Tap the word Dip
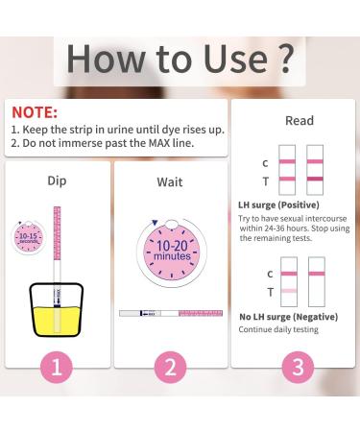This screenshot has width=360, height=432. [x=57, y=179]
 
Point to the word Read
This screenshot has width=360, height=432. [x=299, y=122]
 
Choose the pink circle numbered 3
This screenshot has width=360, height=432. [x=299, y=392]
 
